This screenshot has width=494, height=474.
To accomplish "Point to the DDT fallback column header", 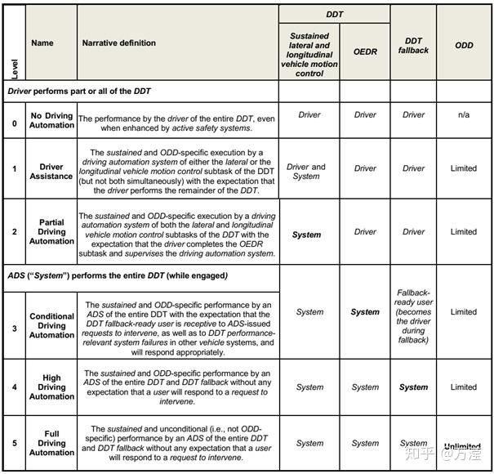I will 413,46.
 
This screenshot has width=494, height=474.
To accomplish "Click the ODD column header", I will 464,46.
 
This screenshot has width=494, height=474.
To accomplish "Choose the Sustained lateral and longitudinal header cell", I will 309,54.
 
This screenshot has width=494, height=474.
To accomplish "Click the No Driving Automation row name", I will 51,121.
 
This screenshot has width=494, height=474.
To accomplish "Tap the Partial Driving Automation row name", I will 51,232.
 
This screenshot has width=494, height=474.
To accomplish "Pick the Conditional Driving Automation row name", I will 51,325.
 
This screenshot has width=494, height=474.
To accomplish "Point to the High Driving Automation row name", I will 51,387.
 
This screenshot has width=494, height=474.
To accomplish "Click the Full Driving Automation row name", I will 51,443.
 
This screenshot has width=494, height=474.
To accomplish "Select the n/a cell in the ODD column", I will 463,115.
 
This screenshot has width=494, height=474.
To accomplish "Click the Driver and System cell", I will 306,172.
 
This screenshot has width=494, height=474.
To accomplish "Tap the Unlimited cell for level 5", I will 462,446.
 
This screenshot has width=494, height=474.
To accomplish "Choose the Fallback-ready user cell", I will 413,315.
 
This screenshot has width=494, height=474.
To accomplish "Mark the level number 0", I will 14,123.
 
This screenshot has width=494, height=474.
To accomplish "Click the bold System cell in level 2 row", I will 306,235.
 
